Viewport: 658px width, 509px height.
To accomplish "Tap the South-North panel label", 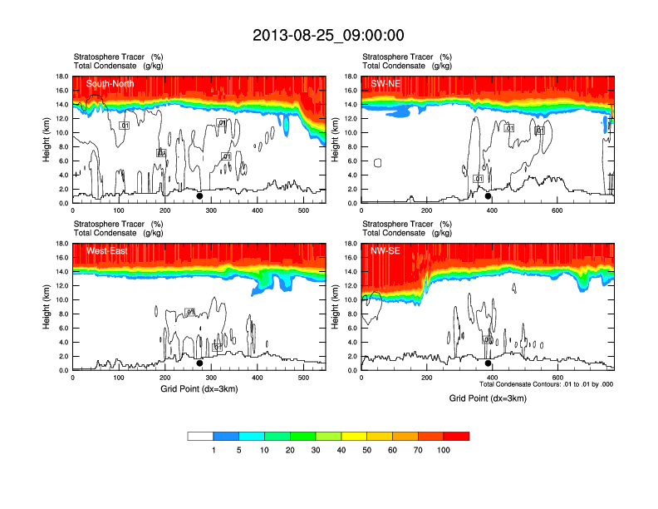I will [x=110, y=84].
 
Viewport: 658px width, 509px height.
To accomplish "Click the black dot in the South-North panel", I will [x=199, y=196].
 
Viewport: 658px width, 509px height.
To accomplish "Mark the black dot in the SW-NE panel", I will [x=489, y=196].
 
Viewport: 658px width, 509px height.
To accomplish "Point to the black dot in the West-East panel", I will [x=199, y=363].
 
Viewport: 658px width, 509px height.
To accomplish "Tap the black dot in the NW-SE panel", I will [x=489, y=363].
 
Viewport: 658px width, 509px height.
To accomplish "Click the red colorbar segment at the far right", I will [x=456, y=436].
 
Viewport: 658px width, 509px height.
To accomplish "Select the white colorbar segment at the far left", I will [x=200, y=436].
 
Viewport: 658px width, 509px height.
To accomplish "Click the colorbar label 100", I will [x=444, y=450].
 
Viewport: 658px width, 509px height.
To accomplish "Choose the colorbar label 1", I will [x=214, y=450].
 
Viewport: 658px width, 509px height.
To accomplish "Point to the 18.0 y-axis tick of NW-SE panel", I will [x=351, y=244].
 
